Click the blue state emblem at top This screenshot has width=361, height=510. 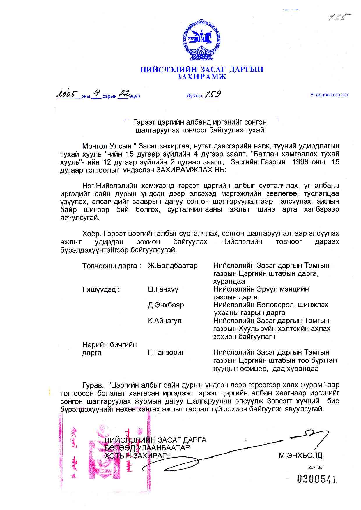tap(201, 40)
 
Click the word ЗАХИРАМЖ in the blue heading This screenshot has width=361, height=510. tap(202, 77)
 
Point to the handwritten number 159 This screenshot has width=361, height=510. tap(213, 94)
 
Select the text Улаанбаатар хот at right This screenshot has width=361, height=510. tap(329, 95)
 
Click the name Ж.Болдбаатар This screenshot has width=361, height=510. tap(173, 266)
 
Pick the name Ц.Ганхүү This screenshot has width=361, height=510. tap(163, 289)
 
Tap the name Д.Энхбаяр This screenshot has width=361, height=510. tap(166, 305)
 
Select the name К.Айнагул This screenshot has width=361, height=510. tap(165, 321)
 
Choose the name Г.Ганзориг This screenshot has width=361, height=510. tap(166, 353)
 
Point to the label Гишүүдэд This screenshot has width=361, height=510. tap(101, 289)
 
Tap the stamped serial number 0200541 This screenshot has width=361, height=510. tap(317, 479)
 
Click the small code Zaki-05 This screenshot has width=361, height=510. tap(315, 468)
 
